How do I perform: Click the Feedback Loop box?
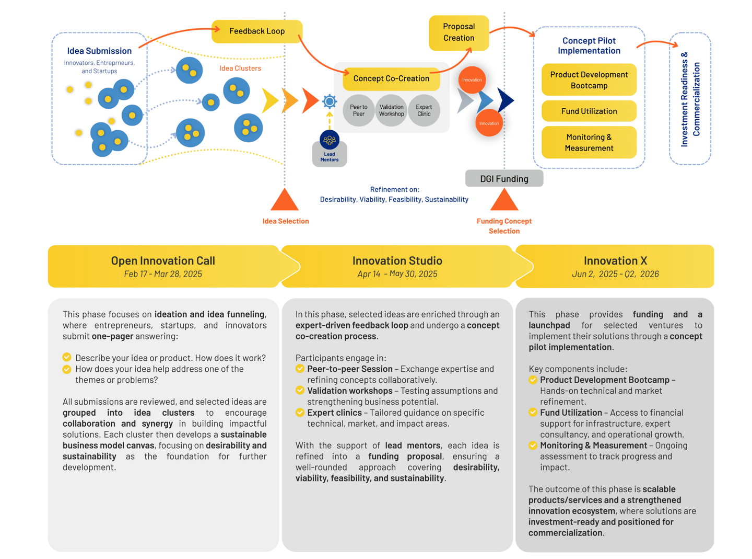256,31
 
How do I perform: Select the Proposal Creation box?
458,32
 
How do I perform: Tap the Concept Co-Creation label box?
391,79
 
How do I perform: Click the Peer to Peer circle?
358,110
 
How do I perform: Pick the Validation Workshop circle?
391,110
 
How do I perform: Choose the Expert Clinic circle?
424,110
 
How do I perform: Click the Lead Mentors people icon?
329,140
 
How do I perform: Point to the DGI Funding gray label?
503,178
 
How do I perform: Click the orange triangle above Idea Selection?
284,200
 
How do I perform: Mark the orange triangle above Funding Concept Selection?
503,200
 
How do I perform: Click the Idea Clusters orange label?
240,69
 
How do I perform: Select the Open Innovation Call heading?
163,260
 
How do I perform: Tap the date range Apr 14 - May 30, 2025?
397,273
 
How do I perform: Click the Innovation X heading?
615,260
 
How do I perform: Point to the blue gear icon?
329,101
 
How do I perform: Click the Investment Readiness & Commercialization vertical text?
689,99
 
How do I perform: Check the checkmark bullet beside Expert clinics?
299,412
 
